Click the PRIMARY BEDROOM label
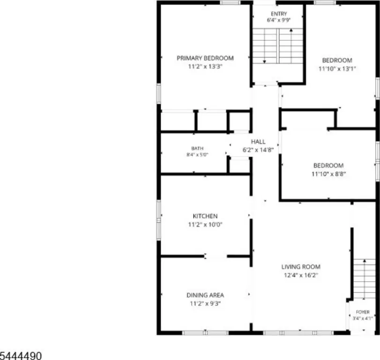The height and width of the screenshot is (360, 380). [x=205, y=58]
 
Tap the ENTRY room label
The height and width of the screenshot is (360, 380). [x=279, y=14]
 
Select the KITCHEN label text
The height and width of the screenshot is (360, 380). [x=205, y=216]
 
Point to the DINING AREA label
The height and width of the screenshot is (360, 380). [x=205, y=295]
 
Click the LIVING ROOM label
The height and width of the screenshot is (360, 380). [x=301, y=267]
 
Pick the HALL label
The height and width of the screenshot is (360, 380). [x=258, y=142]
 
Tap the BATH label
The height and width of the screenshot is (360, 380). [x=197, y=149]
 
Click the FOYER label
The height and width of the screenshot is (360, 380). [x=363, y=312]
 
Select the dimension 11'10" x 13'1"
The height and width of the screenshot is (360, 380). [x=337, y=68]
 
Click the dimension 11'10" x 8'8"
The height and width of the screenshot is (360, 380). [x=328, y=174]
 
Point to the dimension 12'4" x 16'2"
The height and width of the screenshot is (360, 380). [x=301, y=275]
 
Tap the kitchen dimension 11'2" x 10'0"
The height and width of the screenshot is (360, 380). [x=205, y=225]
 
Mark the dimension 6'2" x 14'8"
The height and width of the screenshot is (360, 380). [x=258, y=150]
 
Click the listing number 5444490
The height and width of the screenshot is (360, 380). [x=21, y=356]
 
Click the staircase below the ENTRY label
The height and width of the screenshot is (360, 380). [x=278, y=46]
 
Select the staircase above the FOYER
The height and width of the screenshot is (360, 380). [x=364, y=279]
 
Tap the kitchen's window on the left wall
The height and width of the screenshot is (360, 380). [x=159, y=220]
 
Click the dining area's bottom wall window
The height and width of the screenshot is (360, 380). [x=205, y=333]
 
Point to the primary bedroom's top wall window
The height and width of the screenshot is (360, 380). [x=230, y=3]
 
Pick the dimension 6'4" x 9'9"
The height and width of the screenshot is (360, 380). [x=279, y=20]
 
